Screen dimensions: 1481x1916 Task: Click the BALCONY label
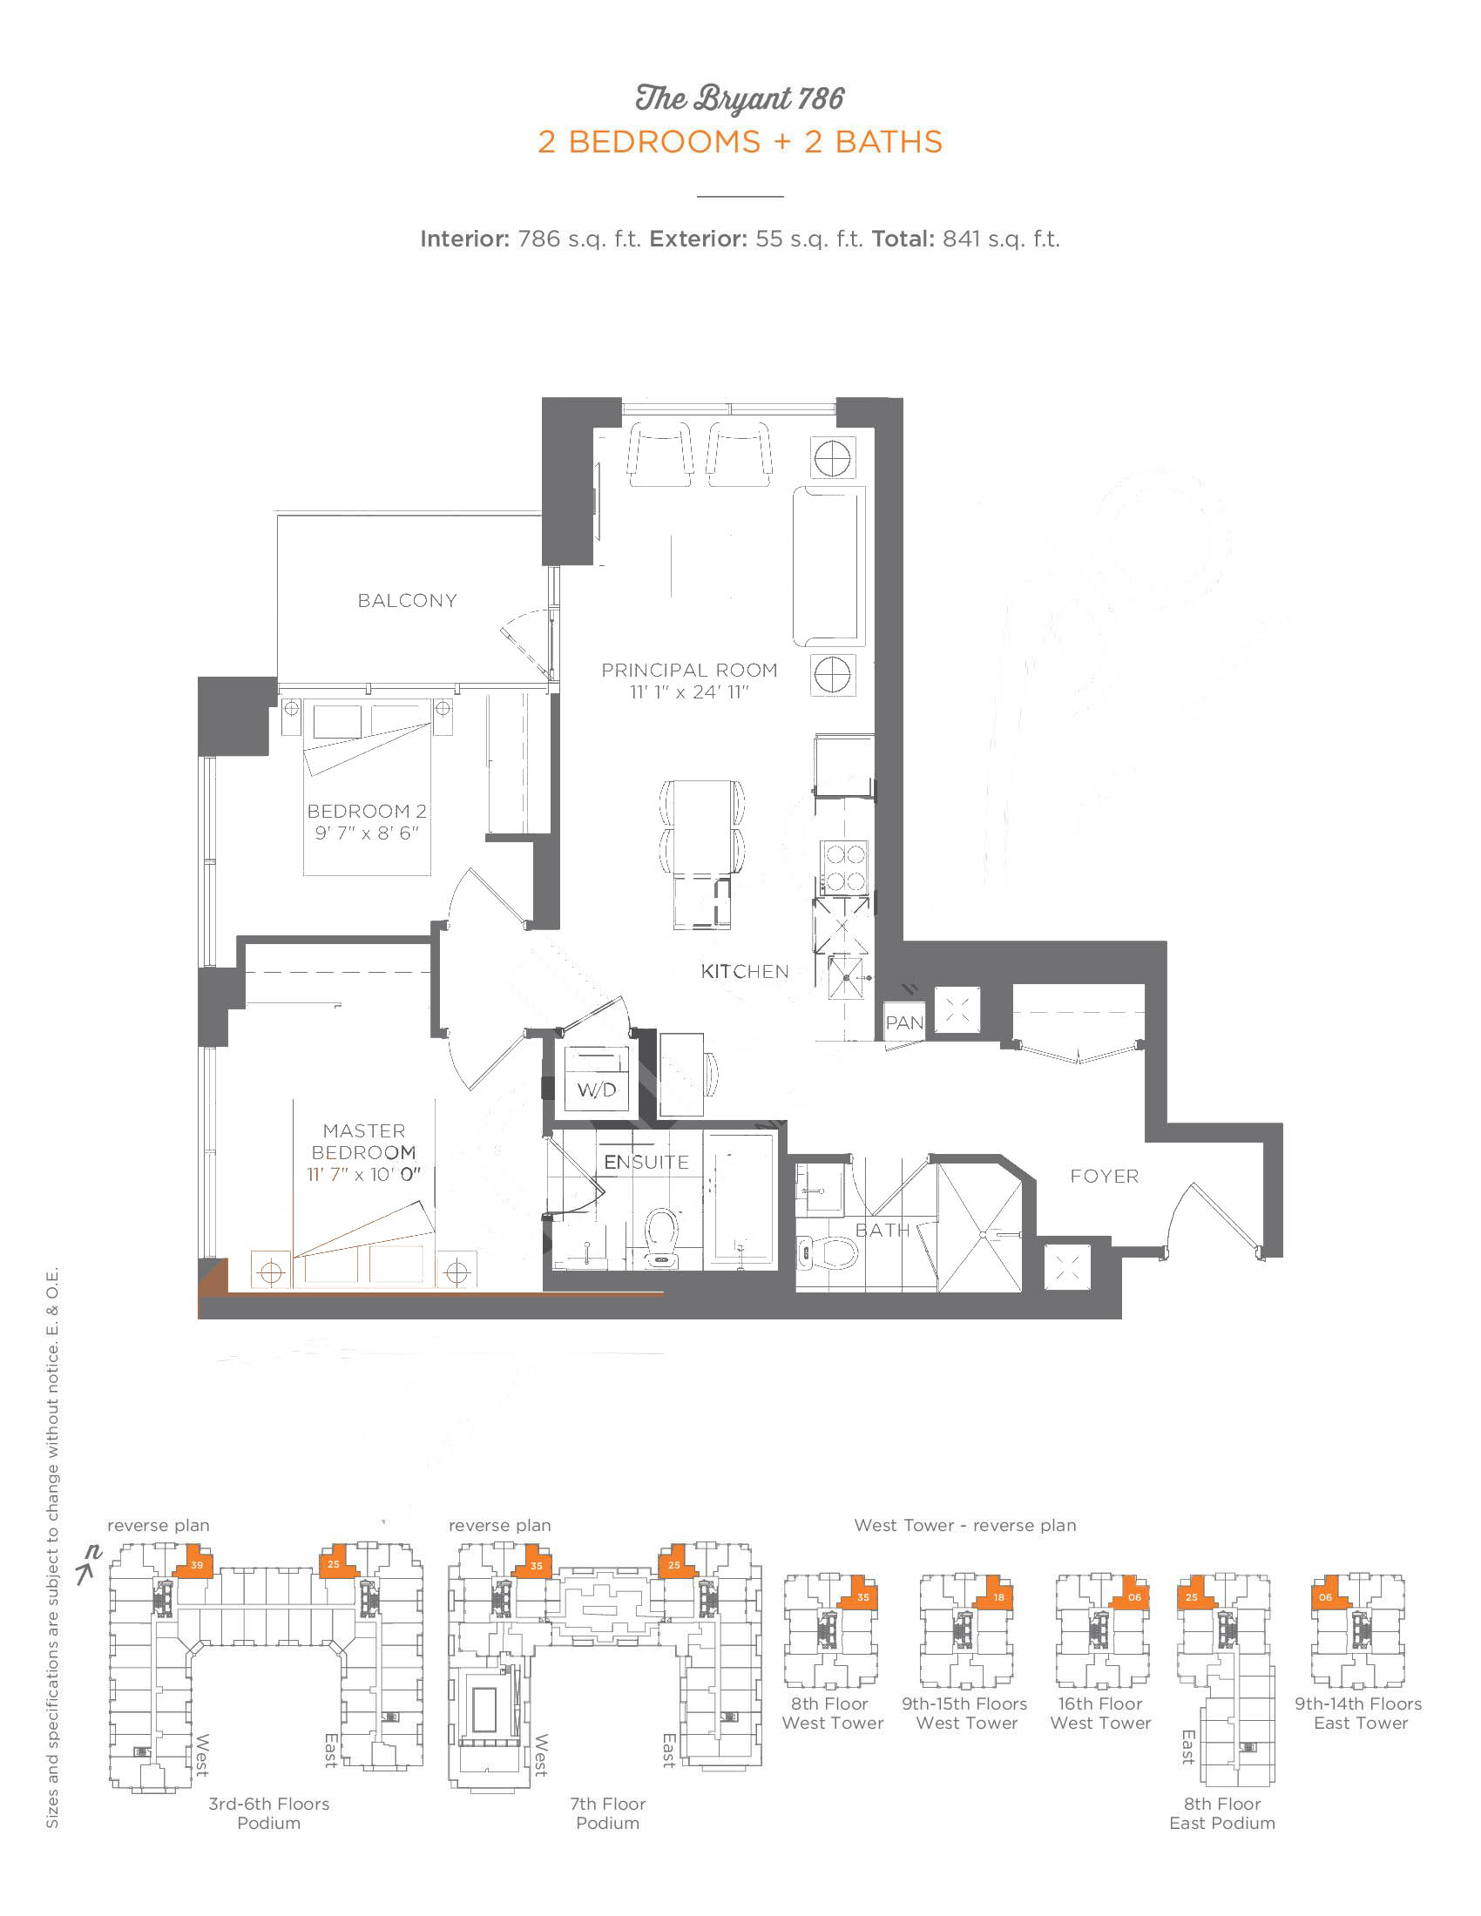click(x=407, y=601)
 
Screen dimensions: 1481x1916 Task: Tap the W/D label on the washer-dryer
click(x=597, y=1090)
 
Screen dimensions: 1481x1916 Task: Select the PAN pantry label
click(x=904, y=1023)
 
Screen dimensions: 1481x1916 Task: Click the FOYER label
click(x=1105, y=1177)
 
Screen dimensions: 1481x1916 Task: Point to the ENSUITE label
click(x=646, y=1163)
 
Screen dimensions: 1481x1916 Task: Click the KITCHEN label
click(x=745, y=971)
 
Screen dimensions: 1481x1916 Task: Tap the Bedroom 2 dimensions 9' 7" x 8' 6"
click(x=367, y=833)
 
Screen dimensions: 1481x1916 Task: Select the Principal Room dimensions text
click(x=690, y=692)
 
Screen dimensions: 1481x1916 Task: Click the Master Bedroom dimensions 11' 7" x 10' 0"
click(x=364, y=1174)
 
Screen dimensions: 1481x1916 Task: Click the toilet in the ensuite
click(x=661, y=1237)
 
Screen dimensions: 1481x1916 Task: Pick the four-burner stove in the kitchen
click(x=845, y=867)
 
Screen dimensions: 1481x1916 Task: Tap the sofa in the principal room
click(x=829, y=567)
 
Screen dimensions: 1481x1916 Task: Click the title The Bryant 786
click(x=740, y=98)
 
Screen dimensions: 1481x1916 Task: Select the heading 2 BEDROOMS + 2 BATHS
click(x=740, y=142)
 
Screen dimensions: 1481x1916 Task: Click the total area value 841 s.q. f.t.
click(x=1001, y=239)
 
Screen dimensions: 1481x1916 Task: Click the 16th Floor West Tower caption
click(x=1100, y=1713)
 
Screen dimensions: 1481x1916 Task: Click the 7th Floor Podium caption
click(x=608, y=1813)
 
